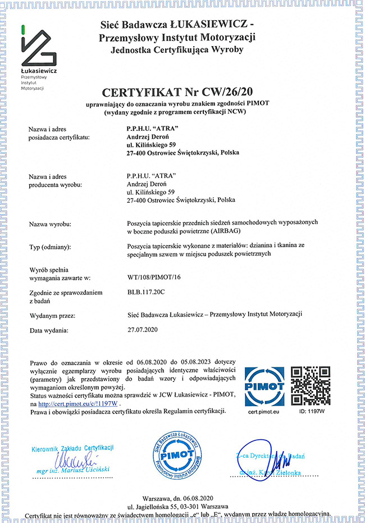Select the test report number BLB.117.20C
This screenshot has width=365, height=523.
pyautogui.click(x=147, y=292)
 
